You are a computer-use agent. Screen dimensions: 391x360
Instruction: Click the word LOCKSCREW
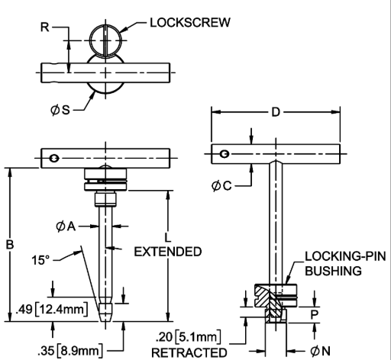pyautogui.click(x=190, y=22)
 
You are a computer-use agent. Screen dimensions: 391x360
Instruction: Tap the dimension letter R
pyautogui.click(x=45, y=27)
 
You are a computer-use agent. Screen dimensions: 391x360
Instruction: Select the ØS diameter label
pyautogui.click(x=60, y=110)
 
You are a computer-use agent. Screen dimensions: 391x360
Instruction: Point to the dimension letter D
pyautogui.click(x=276, y=112)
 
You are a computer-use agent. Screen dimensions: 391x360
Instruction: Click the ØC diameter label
pyautogui.click(x=221, y=185)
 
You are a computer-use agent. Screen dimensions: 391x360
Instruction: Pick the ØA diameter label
pyautogui.click(x=66, y=227)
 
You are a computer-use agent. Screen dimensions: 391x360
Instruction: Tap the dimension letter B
pyautogui.click(x=10, y=245)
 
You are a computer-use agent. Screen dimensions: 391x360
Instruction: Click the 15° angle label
pyautogui.click(x=40, y=260)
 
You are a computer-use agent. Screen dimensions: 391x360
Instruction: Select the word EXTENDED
pyautogui.click(x=168, y=252)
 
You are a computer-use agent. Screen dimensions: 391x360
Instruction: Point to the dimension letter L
pyautogui.click(x=167, y=238)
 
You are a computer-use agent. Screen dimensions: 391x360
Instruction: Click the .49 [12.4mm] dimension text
pyautogui.click(x=52, y=310)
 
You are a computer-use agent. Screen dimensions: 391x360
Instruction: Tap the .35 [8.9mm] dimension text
pyautogui.click(x=70, y=351)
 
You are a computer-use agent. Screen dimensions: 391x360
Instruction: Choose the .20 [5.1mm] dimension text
pyautogui.click(x=188, y=337)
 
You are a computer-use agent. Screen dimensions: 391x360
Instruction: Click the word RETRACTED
pyautogui.click(x=189, y=352)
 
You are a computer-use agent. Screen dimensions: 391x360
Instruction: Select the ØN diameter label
pyautogui.click(x=320, y=351)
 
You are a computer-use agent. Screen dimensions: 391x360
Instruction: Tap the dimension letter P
pyautogui.click(x=315, y=315)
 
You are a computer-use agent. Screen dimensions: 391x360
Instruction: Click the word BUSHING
pyautogui.click(x=333, y=271)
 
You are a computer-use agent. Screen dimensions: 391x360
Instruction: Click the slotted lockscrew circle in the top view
pyautogui.click(x=105, y=40)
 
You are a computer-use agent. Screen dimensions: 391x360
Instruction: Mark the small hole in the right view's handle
pyautogui.click(x=225, y=154)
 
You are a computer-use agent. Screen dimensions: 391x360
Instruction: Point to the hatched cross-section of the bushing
pyautogui.click(x=270, y=303)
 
